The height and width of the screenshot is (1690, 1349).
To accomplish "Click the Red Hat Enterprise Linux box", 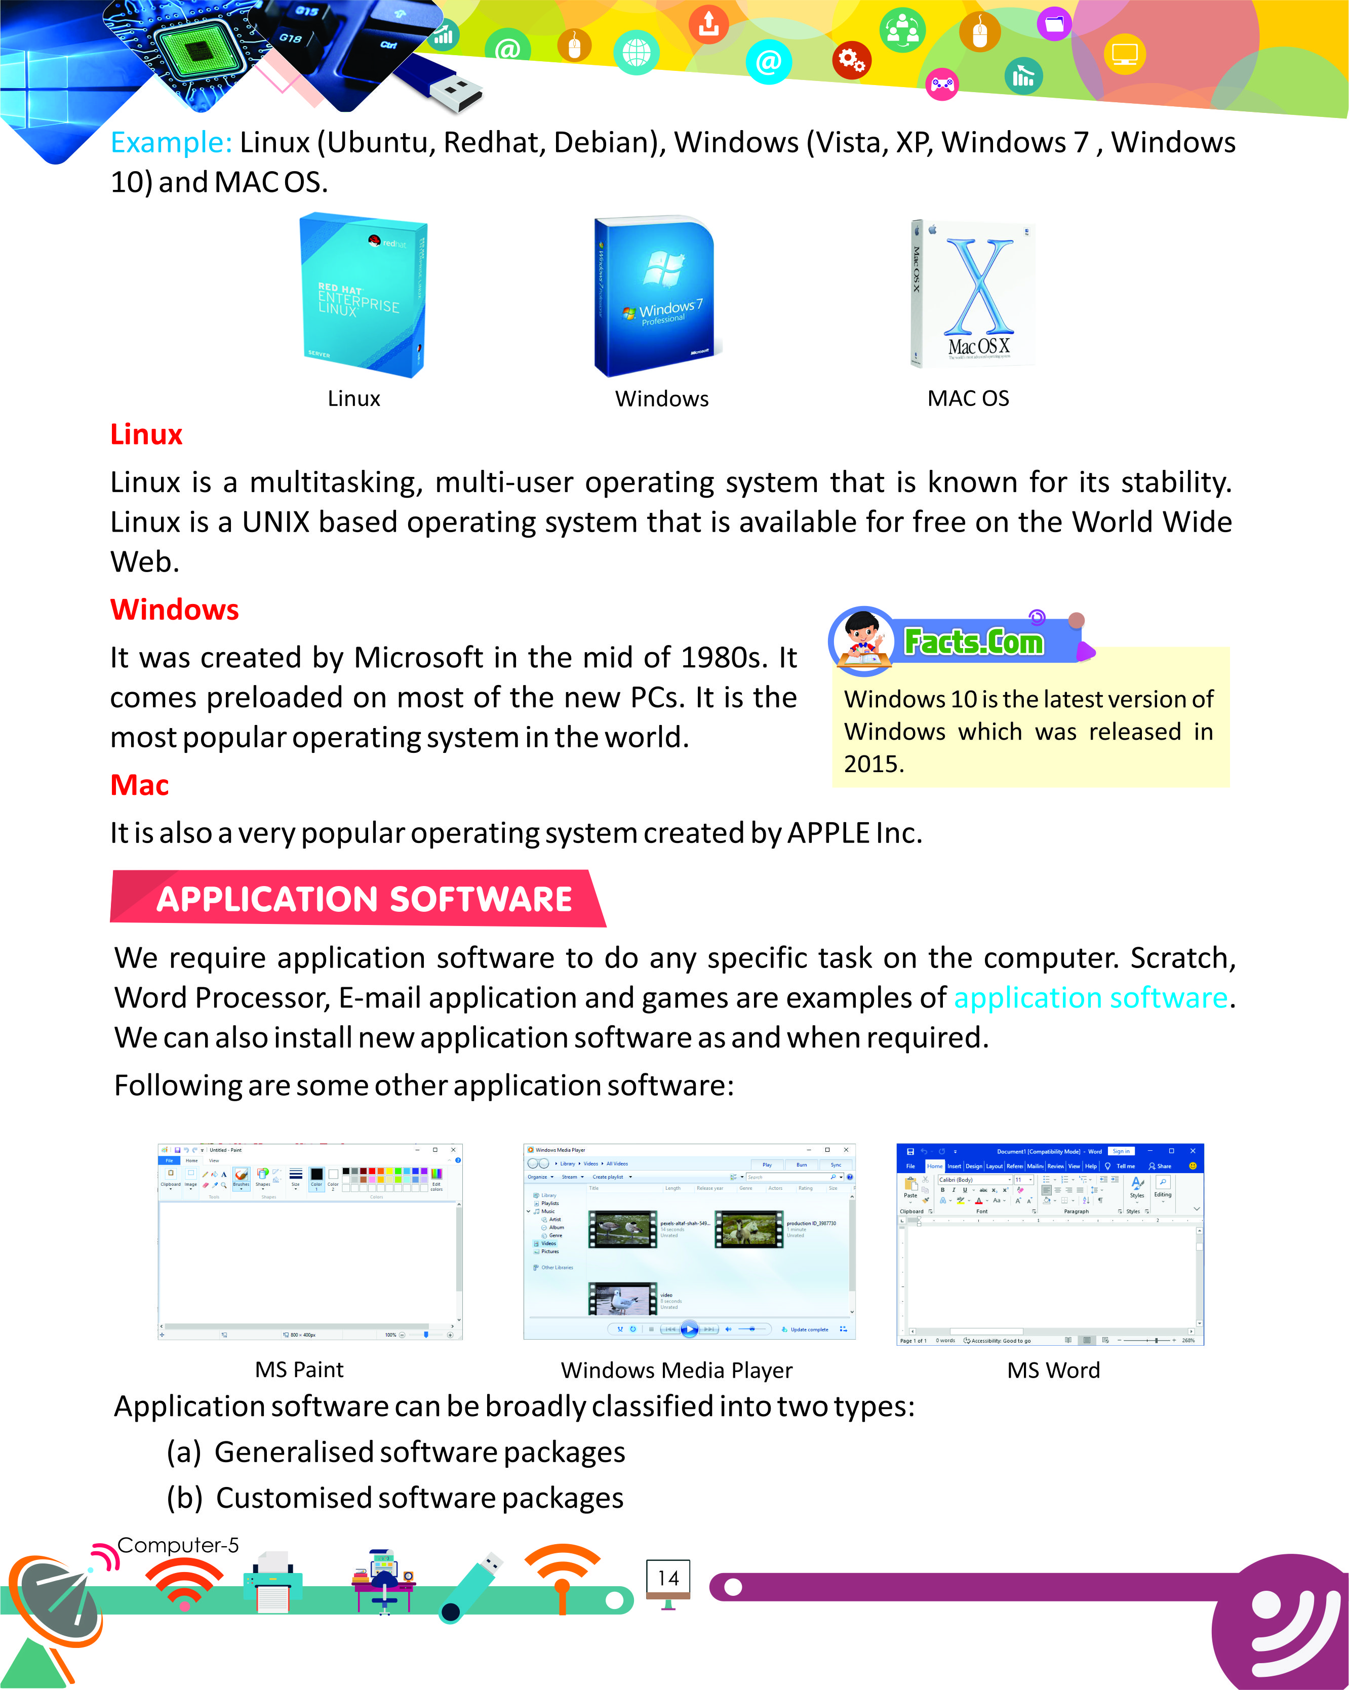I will (364, 296).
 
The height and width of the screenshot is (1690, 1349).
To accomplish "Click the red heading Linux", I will (146, 434).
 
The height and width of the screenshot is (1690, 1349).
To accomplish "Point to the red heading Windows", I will (174, 610).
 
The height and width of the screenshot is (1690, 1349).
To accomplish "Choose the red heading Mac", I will (140, 785).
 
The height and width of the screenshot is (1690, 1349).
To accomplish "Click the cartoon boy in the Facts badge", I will (862, 640).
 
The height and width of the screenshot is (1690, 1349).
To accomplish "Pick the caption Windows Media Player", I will (677, 1370).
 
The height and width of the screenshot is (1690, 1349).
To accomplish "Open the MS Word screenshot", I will (1050, 1244).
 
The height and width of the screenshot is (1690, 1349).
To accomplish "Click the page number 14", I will (668, 1578).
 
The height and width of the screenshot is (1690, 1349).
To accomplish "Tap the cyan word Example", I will (171, 143).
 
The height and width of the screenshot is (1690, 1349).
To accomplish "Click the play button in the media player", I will (689, 1329).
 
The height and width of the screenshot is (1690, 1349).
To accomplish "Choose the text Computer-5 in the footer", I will (178, 1545).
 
